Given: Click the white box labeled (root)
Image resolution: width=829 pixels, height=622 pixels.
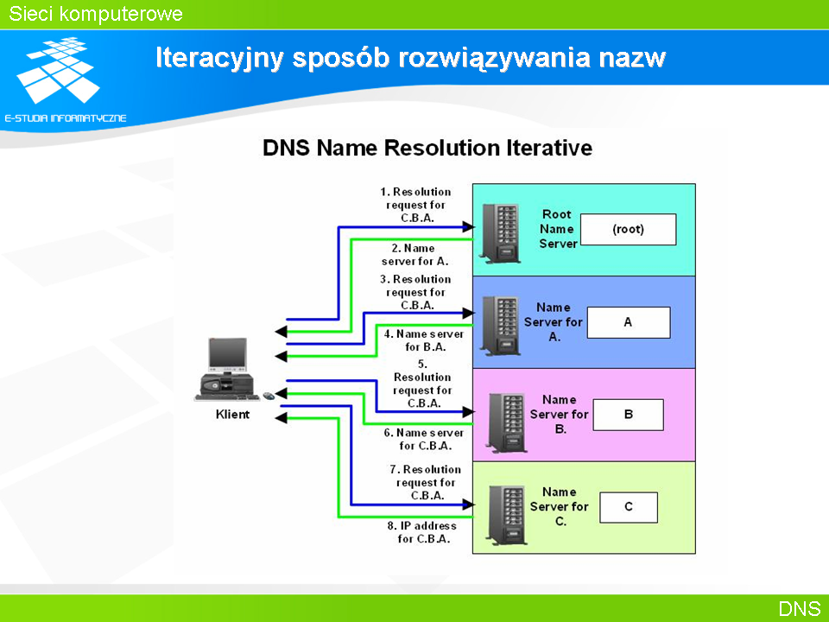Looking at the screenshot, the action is [x=628, y=230].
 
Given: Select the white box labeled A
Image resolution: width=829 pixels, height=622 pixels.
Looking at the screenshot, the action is [x=629, y=322].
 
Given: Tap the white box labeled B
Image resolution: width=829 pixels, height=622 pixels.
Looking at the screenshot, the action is [x=628, y=415].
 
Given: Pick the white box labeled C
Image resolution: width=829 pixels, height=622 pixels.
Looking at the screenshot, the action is [x=629, y=507].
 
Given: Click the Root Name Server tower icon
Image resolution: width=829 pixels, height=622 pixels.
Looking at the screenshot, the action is [x=500, y=232].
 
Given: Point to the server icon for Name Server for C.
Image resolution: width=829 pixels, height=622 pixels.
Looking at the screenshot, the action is [x=508, y=515].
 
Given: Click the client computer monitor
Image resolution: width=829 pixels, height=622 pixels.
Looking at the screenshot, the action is [x=227, y=355].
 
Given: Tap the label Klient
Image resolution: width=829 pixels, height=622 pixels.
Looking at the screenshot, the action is [x=232, y=414].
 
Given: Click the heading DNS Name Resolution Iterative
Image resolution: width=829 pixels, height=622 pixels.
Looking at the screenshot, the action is [x=427, y=148].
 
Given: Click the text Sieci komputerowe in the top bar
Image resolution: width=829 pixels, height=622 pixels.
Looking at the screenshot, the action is [x=96, y=14].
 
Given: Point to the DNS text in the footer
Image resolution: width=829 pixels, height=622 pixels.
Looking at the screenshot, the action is [x=800, y=609].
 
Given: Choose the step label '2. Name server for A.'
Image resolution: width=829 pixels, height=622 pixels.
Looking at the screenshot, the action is [x=415, y=255].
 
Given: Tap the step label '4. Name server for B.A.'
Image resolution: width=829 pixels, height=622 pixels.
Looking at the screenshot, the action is [x=424, y=340].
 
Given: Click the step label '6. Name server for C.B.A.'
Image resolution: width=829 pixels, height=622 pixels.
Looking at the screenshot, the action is [x=424, y=440].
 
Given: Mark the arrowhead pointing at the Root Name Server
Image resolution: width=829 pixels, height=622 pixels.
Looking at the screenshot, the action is [x=468, y=227].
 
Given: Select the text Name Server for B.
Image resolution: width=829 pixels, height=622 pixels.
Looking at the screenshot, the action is [x=560, y=415].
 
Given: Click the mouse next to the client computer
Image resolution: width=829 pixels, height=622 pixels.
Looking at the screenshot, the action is [x=269, y=396].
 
